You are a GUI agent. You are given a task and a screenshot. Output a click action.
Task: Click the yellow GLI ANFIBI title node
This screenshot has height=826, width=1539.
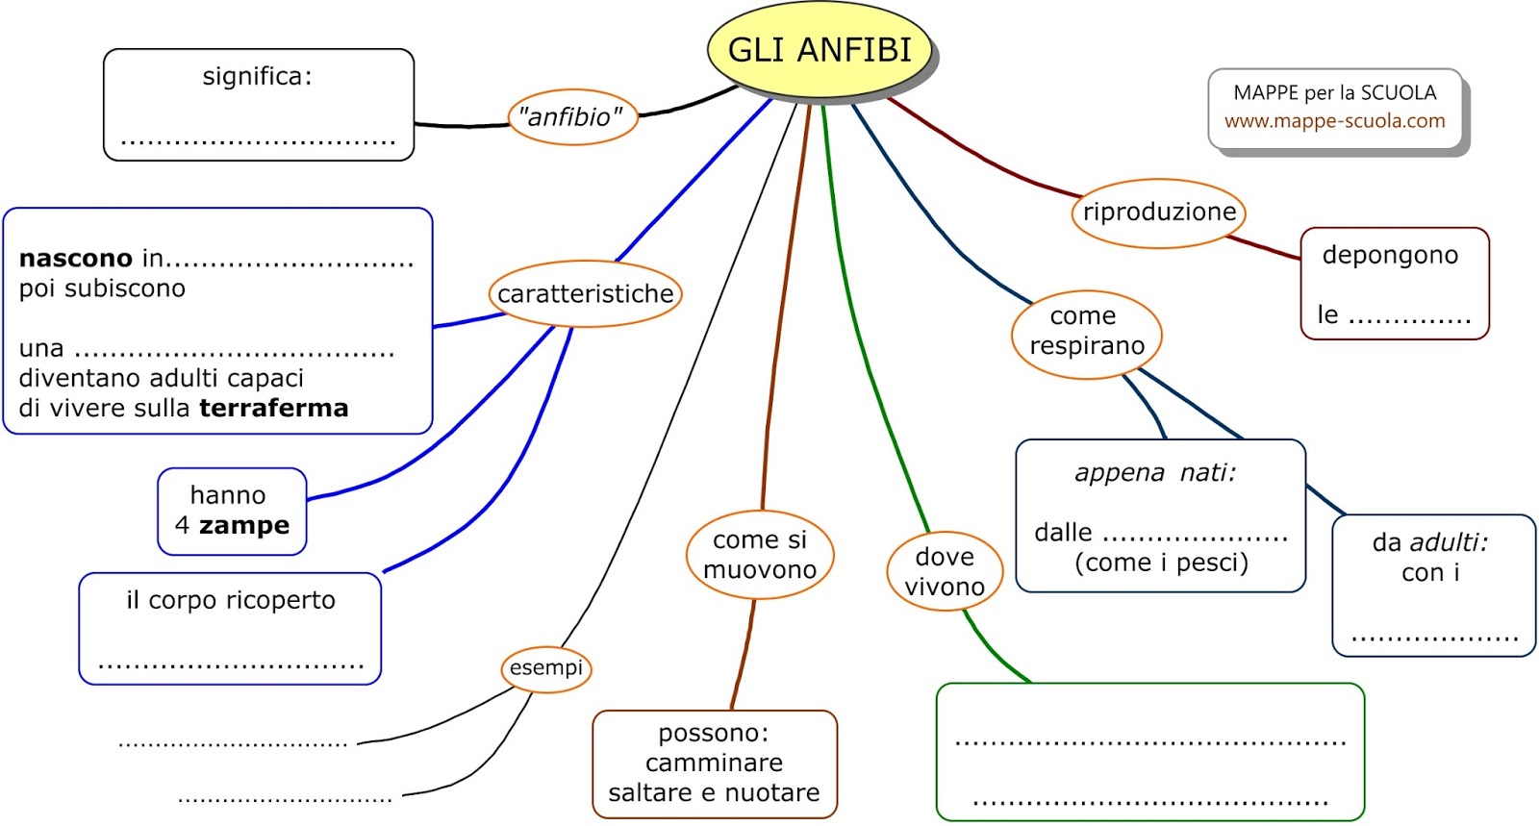click(x=820, y=50)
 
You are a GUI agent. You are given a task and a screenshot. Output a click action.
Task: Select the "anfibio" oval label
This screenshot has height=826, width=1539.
click(x=572, y=117)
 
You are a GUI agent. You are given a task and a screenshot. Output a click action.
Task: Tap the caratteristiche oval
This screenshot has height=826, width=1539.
click(x=585, y=293)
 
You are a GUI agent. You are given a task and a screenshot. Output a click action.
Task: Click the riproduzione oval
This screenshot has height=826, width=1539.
click(x=1158, y=213)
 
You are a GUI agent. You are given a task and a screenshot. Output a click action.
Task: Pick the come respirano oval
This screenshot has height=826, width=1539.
click(x=1086, y=332)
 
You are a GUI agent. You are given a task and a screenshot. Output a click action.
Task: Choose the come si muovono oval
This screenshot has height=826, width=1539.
click(x=760, y=555)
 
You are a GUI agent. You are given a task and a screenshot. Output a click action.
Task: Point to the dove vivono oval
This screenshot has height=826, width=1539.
click(x=945, y=572)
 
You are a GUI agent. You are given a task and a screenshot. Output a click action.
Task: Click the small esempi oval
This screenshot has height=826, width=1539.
click(x=545, y=668)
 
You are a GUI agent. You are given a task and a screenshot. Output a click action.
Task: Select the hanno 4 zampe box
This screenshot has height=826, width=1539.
click(x=232, y=511)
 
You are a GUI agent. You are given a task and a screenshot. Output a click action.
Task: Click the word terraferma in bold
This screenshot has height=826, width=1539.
click(x=274, y=409)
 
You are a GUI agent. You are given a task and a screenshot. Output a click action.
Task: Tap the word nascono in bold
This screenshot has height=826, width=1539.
click(x=75, y=259)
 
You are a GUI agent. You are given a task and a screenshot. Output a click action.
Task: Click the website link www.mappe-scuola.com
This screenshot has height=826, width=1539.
click(x=1334, y=121)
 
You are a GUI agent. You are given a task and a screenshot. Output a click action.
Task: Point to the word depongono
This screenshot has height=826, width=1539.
click(x=1390, y=255)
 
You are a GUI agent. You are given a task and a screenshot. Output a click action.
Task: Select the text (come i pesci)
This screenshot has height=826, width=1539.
click(x=1161, y=563)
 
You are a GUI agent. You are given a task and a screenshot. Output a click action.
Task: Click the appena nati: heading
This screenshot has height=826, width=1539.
click(x=1154, y=473)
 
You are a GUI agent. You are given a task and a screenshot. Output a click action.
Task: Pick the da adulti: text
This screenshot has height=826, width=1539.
click(x=1429, y=542)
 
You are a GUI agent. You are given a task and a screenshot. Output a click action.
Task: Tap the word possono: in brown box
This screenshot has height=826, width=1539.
click(x=713, y=734)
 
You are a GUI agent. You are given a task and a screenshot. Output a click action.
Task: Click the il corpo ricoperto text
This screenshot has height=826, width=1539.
click(x=231, y=601)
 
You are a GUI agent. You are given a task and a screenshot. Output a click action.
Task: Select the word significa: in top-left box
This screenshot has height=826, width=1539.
click(x=257, y=77)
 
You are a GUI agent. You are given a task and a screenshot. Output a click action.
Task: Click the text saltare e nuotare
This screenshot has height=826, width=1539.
click(x=714, y=793)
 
